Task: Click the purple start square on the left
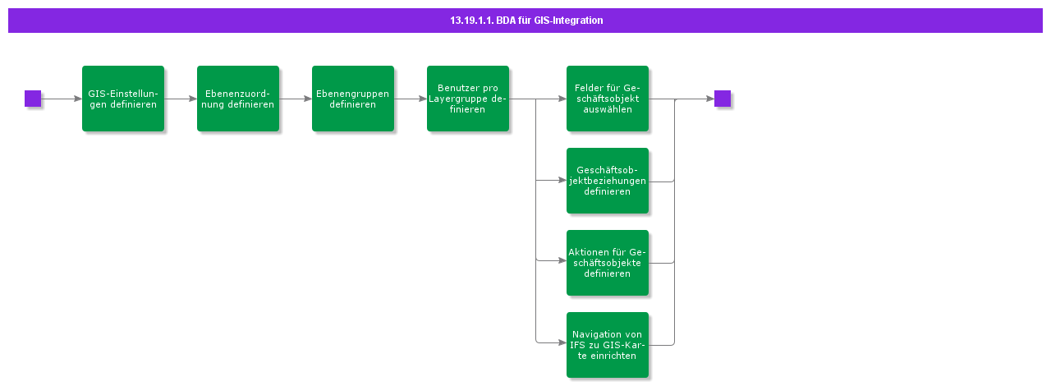(x=33, y=99)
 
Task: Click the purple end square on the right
(x=723, y=99)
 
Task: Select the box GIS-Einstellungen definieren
(x=123, y=99)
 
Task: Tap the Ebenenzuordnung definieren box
(x=238, y=99)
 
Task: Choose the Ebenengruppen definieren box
(x=353, y=99)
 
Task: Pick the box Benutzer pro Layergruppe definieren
(x=468, y=99)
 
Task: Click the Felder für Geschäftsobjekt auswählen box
(x=608, y=99)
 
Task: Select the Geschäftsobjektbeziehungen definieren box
(x=608, y=181)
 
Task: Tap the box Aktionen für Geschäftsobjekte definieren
(x=608, y=263)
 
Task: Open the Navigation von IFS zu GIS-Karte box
(x=608, y=345)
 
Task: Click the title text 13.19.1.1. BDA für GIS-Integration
(x=525, y=21)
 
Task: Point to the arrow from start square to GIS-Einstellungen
(x=62, y=99)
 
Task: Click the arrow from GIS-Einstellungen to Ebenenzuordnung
(x=181, y=99)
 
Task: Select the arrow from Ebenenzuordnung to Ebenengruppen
(x=296, y=99)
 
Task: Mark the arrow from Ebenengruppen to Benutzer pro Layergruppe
(x=411, y=99)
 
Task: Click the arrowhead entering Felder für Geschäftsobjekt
(x=562, y=99)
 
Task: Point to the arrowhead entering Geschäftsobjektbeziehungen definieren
(x=562, y=180)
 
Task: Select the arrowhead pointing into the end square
(x=710, y=99)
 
